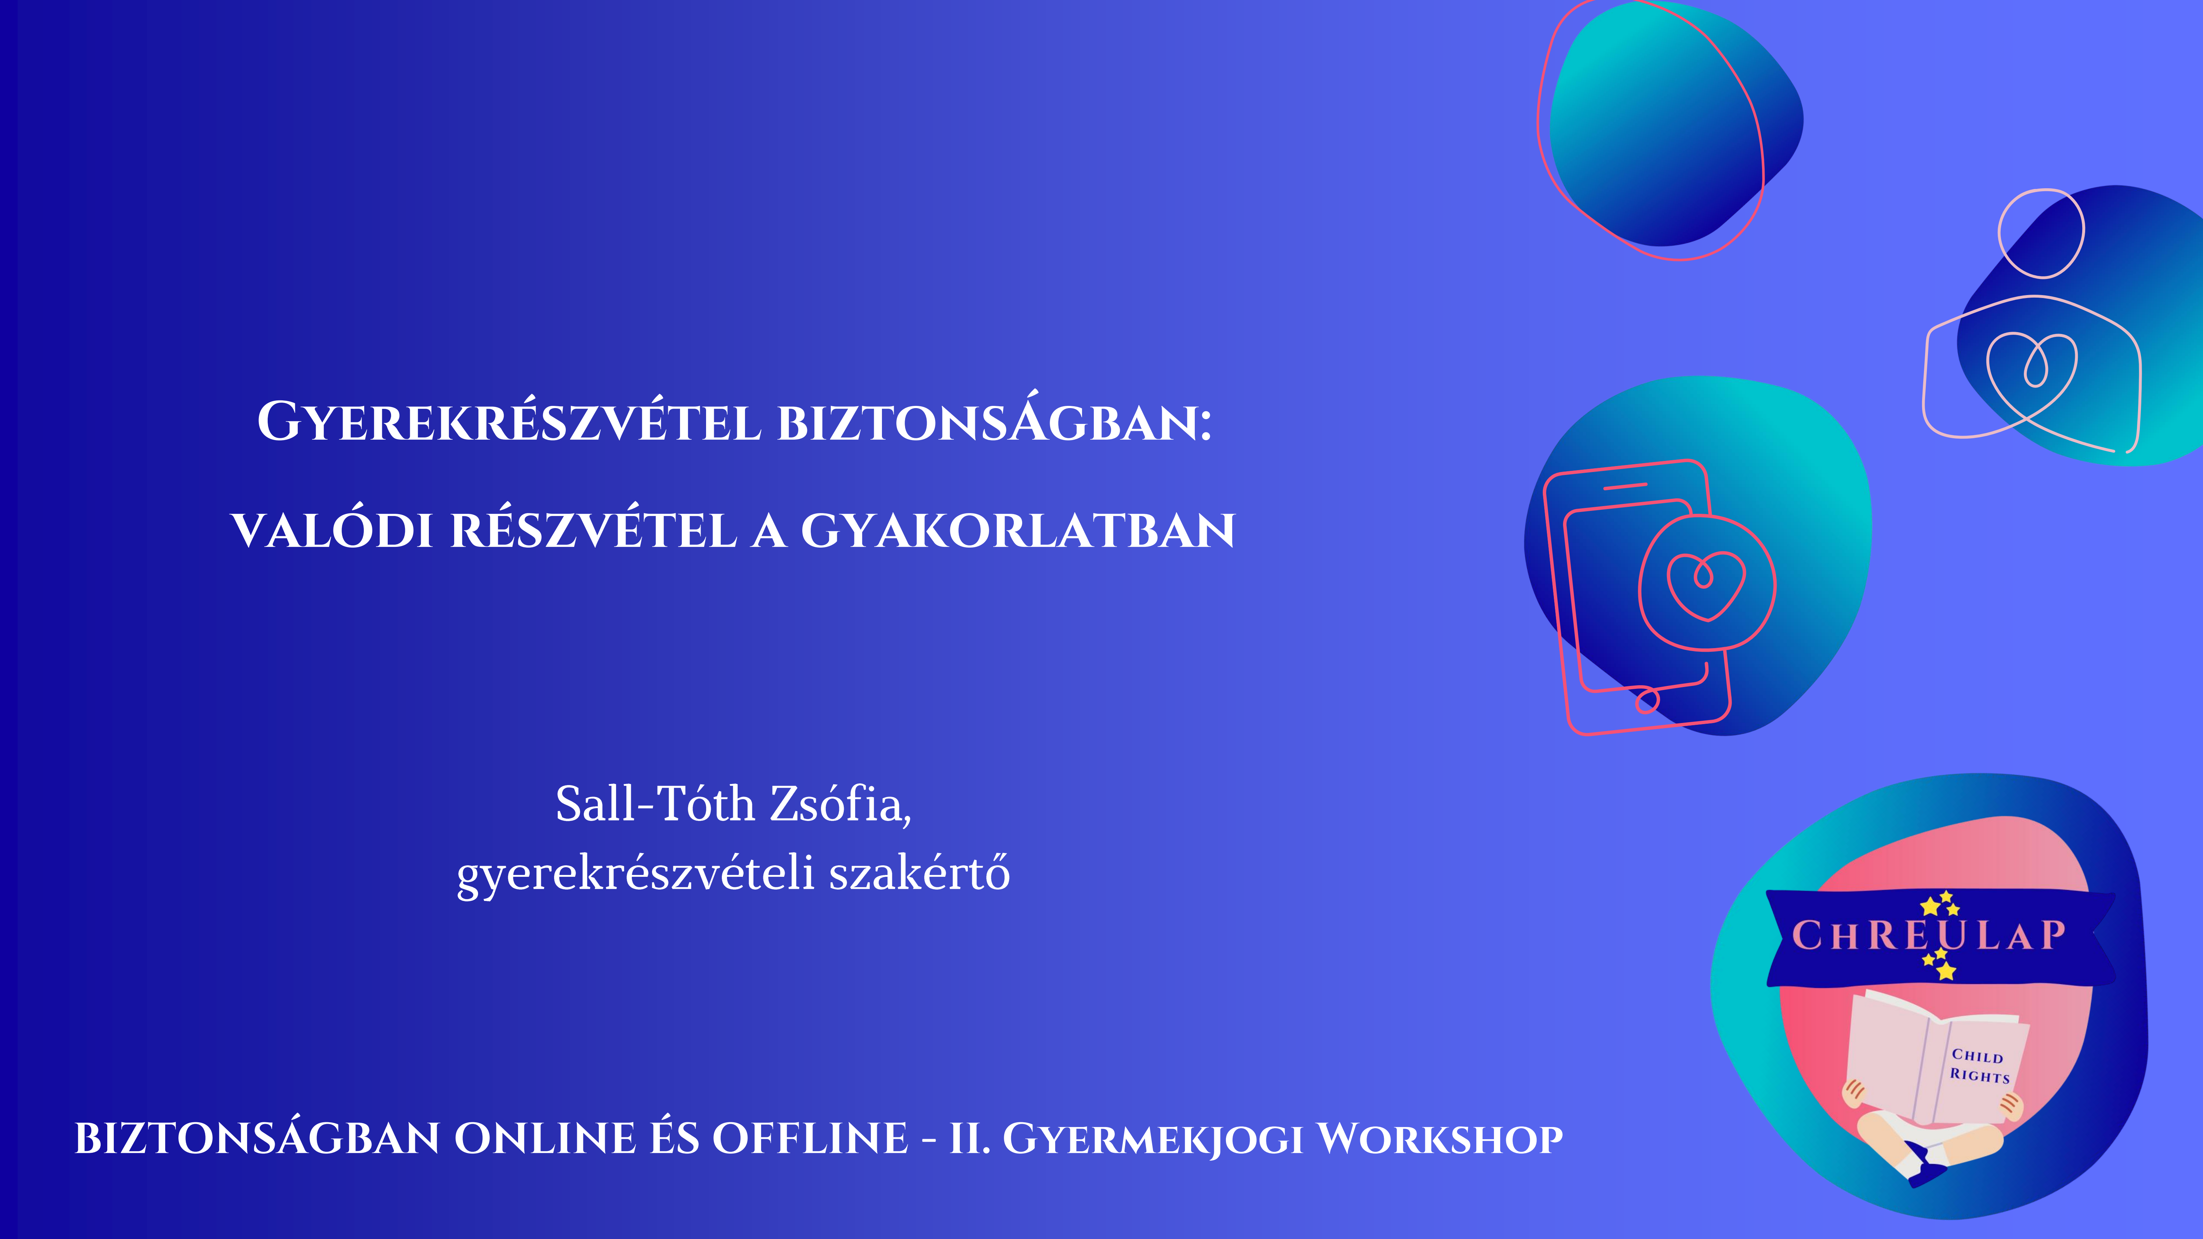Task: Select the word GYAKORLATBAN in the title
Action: [1018, 531]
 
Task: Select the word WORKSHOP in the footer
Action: [1440, 1139]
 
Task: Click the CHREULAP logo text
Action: [1928, 935]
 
